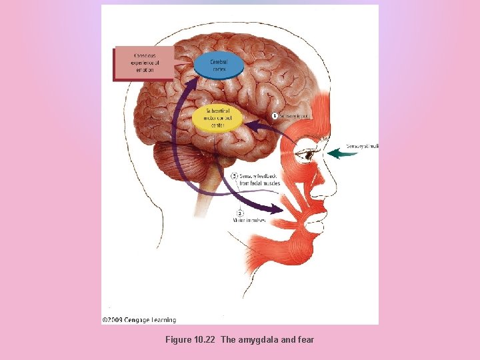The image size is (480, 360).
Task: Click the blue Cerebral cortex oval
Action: [x=218, y=65]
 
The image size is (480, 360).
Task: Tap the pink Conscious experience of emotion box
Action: [x=144, y=63]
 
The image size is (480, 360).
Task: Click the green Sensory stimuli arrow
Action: [x=343, y=153]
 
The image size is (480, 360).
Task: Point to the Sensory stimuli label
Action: [x=362, y=146]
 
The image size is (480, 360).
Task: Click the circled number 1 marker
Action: [x=274, y=116]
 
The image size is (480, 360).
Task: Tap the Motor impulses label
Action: [x=250, y=220]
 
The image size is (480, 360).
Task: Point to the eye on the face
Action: [x=307, y=155]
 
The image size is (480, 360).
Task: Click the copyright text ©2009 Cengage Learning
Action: [x=139, y=320]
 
